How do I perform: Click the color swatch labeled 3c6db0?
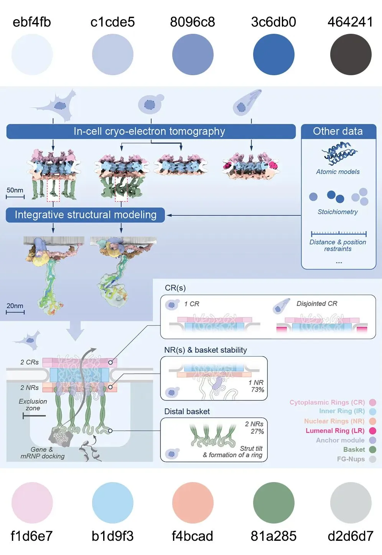click(x=273, y=55)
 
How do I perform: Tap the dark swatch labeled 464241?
click(x=351, y=55)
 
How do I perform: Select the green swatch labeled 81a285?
click(x=273, y=502)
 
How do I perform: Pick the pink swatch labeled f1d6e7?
click(x=32, y=502)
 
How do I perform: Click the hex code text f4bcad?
click(x=192, y=536)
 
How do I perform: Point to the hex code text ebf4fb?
click(x=32, y=22)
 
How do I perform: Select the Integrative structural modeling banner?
click(x=85, y=215)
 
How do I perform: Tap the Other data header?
click(x=338, y=131)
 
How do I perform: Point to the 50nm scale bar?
click(x=15, y=197)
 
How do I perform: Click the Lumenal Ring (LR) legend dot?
click(x=372, y=431)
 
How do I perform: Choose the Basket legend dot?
click(x=372, y=449)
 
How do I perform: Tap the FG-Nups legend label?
click(x=351, y=459)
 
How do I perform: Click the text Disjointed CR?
click(x=317, y=304)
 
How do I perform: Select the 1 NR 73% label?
click(x=256, y=386)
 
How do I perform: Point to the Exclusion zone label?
click(x=33, y=405)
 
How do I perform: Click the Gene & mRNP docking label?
click(x=43, y=453)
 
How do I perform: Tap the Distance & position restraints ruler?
click(x=339, y=233)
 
